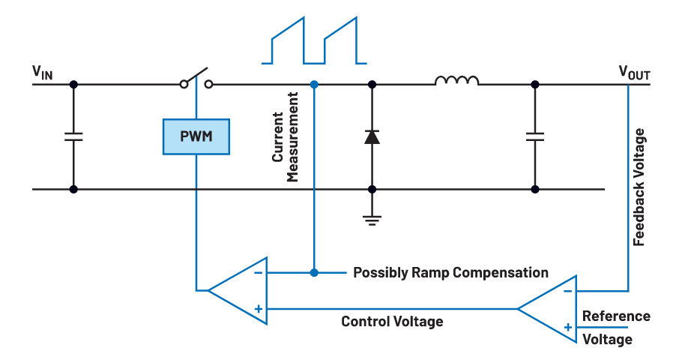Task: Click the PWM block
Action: tap(196, 136)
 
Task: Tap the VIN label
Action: tap(42, 72)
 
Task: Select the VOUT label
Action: tap(634, 72)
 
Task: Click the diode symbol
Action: tap(372, 136)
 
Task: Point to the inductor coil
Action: tap(456, 80)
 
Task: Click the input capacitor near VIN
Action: tap(73, 136)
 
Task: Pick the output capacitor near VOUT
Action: tap(534, 136)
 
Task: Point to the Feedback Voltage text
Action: tap(639, 187)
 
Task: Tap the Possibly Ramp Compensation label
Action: tap(450, 272)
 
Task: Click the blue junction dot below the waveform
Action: tap(314, 84)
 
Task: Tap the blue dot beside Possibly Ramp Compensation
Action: tap(314, 272)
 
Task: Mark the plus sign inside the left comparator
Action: tap(258, 308)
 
